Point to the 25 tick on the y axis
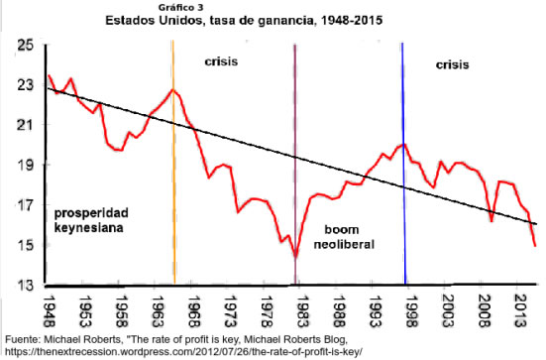tap(25, 46)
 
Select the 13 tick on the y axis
tap(25, 287)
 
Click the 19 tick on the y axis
tap(25, 166)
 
